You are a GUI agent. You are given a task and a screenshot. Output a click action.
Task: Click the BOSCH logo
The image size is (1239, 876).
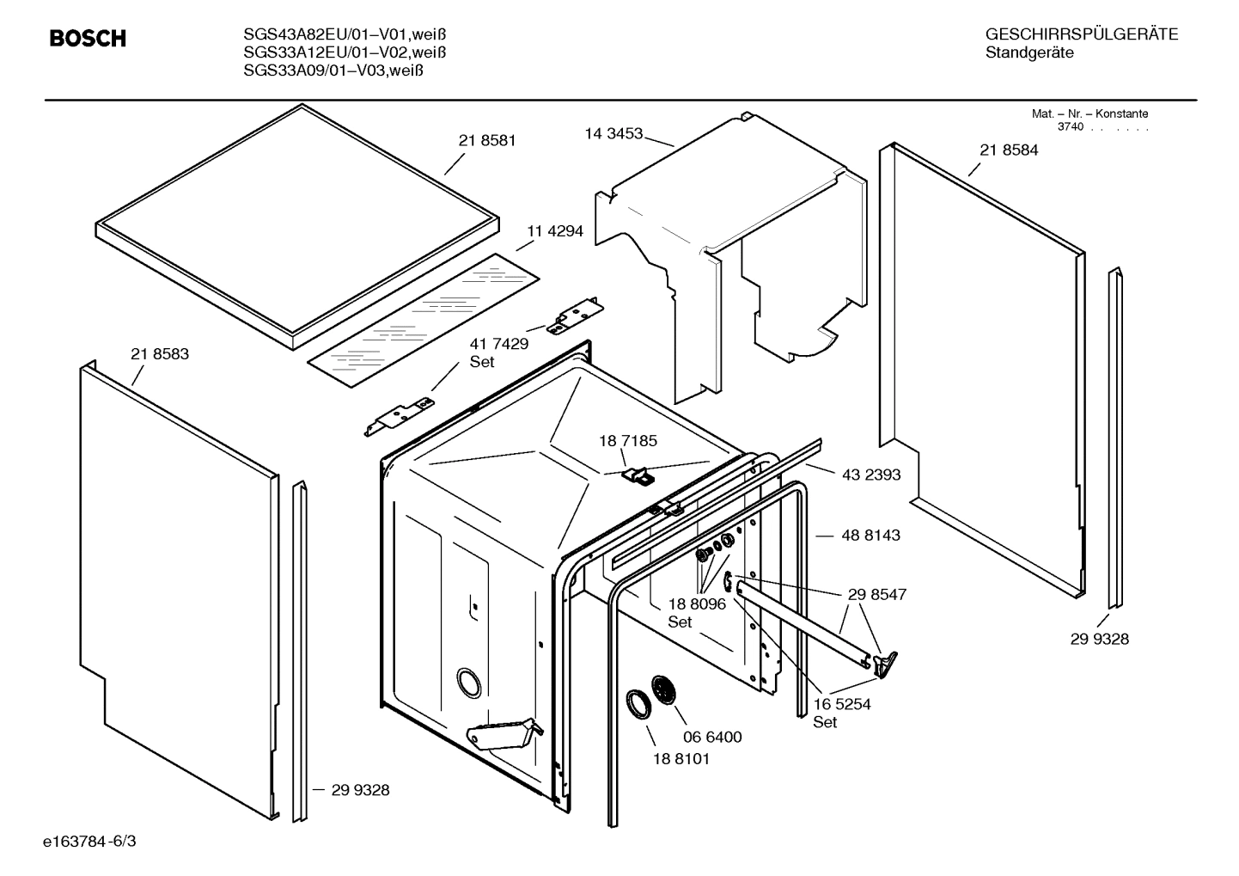coord(88,39)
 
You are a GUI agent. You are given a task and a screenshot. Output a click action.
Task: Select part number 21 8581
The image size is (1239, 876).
coord(487,140)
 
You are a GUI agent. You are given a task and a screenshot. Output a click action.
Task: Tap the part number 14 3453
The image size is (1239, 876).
coord(613,133)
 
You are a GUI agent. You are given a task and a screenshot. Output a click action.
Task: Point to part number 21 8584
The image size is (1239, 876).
coord(1009,150)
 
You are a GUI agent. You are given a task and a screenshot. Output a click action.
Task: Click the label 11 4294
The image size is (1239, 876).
coord(554,230)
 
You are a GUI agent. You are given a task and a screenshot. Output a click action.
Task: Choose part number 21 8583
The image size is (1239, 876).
coord(160,353)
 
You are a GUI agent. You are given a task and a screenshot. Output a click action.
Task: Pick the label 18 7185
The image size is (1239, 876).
coord(628,441)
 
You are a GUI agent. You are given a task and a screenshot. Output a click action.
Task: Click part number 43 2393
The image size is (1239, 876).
coord(871,475)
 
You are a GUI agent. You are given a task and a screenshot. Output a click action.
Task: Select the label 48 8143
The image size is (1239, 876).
coord(871,535)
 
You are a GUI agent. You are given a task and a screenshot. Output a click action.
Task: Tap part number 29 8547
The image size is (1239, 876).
coord(877,594)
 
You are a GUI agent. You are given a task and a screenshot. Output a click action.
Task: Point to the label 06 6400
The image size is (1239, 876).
coord(712,737)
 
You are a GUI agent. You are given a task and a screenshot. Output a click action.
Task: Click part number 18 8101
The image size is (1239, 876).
coord(681,759)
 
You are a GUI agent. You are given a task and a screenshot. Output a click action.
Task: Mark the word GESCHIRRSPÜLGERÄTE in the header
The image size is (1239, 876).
coord(1082,34)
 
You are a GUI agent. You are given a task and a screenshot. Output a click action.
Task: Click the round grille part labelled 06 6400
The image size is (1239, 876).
coord(664,689)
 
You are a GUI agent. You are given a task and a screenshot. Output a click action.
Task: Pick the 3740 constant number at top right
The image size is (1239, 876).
coord(1070,127)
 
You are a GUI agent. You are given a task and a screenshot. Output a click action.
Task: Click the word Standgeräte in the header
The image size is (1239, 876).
coord(1029,52)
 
